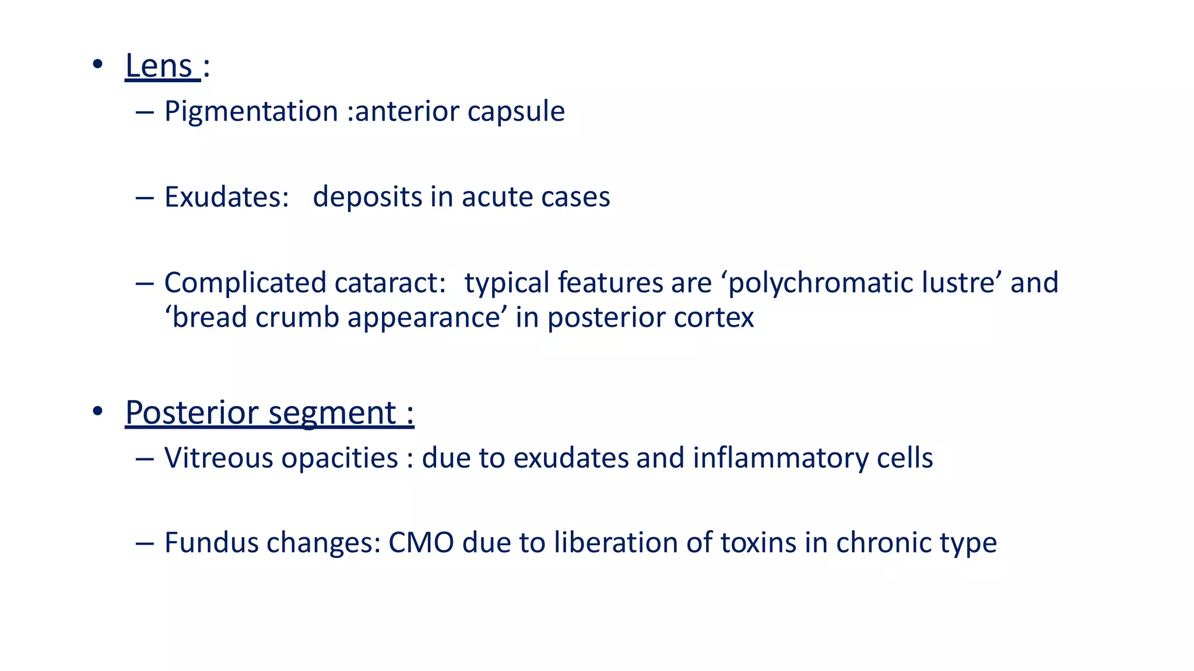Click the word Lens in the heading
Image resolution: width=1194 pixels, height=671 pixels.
[159, 65]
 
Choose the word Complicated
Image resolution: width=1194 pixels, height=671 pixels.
[244, 282]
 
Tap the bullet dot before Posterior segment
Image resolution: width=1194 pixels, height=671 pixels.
[97, 411]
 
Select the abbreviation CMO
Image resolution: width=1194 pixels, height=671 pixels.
[421, 543]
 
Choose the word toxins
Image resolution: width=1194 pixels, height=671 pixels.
[758, 543]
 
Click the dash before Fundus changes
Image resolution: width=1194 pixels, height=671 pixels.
[144, 543]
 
